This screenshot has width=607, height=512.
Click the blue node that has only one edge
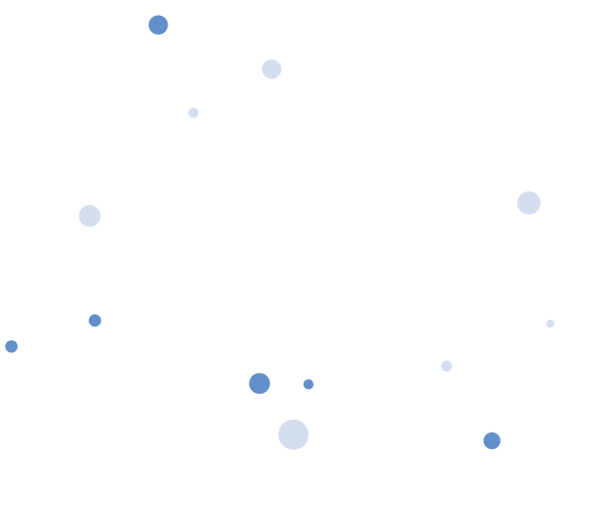point(158,25)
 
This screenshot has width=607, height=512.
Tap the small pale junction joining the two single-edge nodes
point(193,113)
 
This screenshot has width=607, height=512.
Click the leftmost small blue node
point(11,347)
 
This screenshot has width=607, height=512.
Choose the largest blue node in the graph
point(259,384)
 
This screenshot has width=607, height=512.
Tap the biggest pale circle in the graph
point(293,434)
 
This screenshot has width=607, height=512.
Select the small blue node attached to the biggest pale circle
point(308,384)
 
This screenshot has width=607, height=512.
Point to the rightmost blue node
point(491,441)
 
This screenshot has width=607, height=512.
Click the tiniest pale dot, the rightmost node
point(550,323)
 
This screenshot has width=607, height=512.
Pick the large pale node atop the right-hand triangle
point(528,203)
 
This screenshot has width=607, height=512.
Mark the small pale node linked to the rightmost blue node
point(446,366)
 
